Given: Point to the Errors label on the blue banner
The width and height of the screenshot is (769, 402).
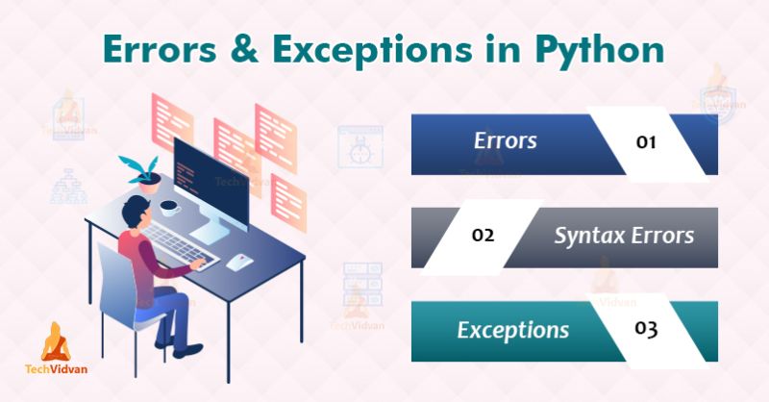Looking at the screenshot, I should click(x=505, y=141).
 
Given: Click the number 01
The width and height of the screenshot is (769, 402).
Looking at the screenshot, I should click(x=646, y=143).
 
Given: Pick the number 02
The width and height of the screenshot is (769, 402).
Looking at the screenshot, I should click(x=484, y=236).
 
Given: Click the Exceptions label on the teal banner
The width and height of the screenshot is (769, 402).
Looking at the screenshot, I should click(x=512, y=330).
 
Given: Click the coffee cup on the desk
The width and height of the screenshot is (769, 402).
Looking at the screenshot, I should click(x=169, y=207).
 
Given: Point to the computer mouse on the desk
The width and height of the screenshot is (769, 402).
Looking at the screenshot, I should click(x=242, y=260).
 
